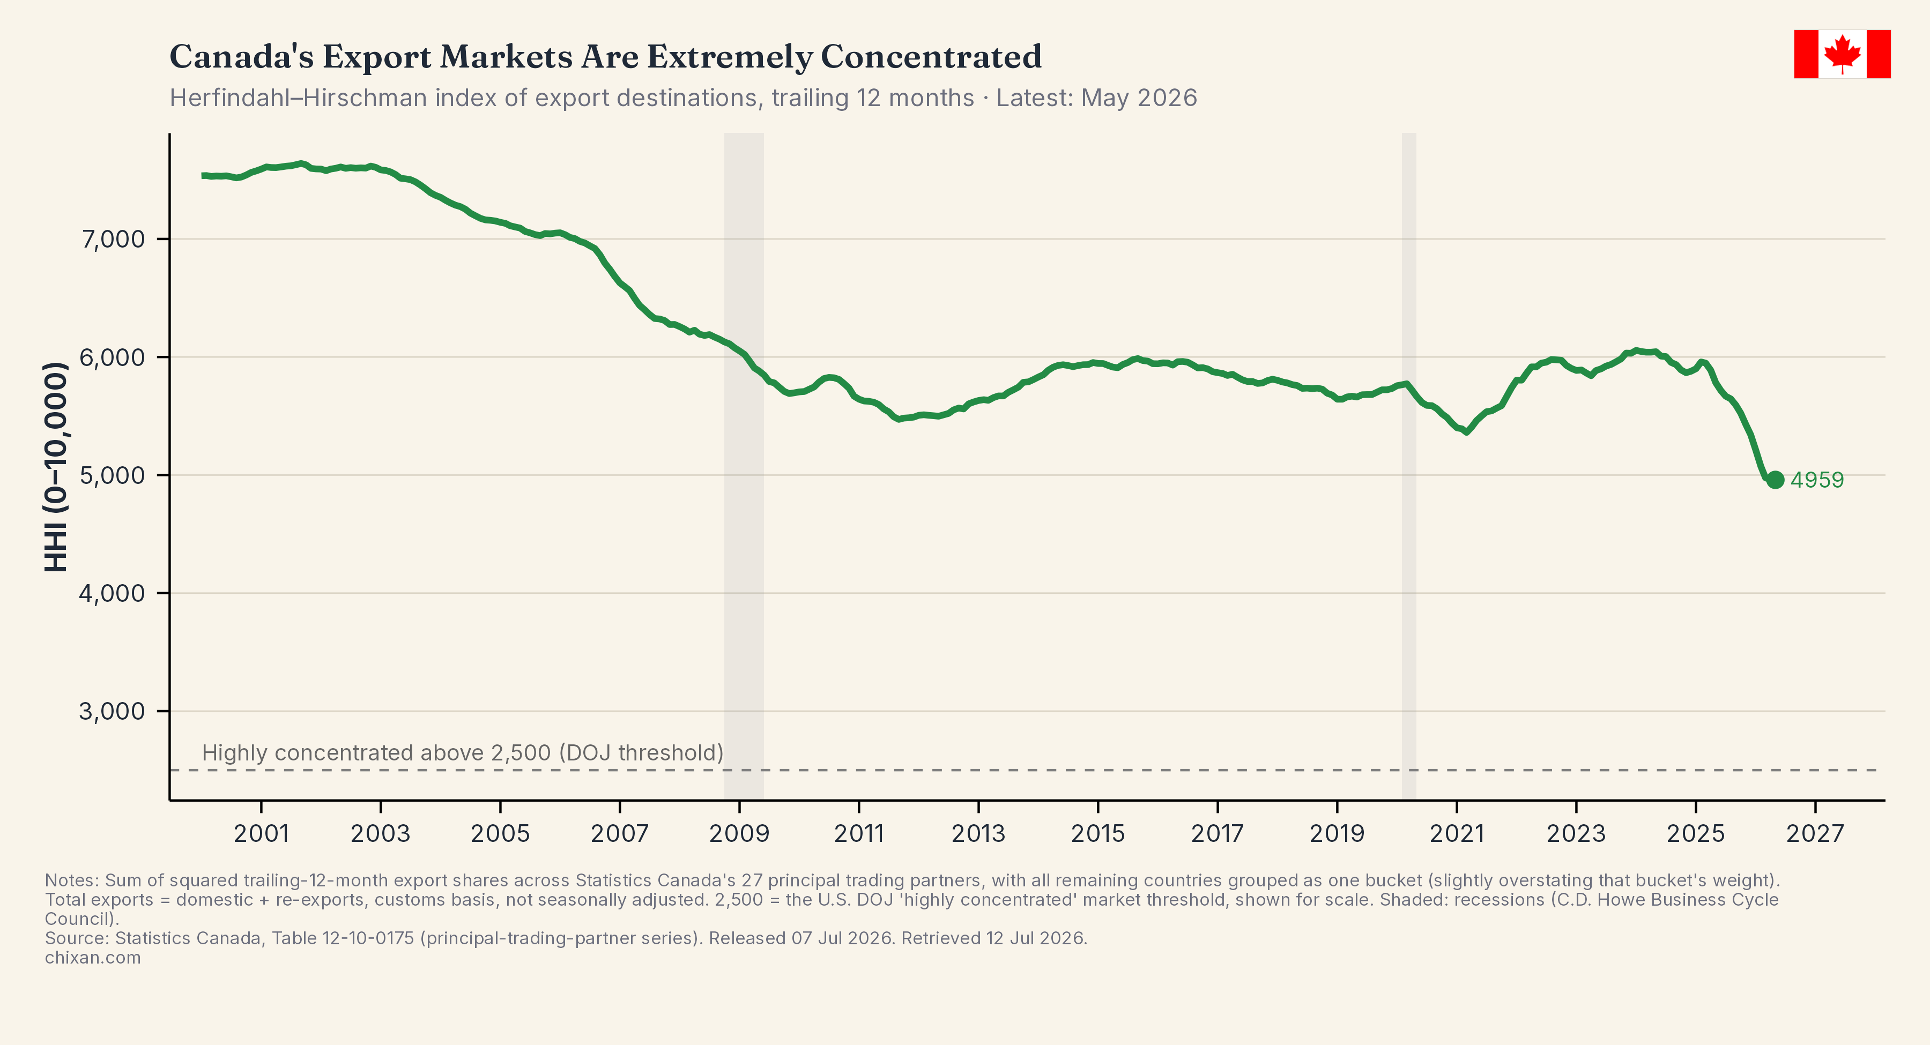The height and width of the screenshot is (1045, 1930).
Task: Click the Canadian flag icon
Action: [x=1842, y=54]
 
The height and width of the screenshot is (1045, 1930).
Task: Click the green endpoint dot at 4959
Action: [x=1775, y=480]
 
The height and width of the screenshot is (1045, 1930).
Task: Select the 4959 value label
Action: [x=1817, y=480]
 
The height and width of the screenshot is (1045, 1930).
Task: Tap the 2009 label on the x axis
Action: [x=739, y=833]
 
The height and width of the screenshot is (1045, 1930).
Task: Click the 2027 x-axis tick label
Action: [x=1815, y=833]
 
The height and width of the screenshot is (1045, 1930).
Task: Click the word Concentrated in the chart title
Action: [x=931, y=57]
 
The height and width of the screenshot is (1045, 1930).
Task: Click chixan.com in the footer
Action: [x=93, y=957]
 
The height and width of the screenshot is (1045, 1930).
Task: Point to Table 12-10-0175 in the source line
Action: [x=343, y=938]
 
